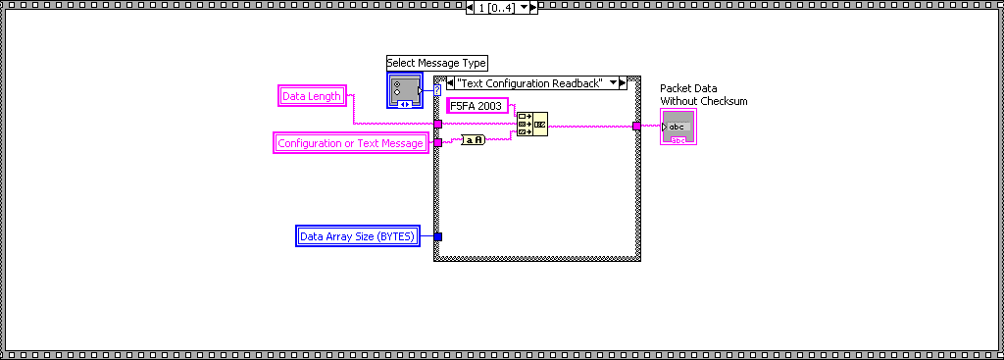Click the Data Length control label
tap(312, 96)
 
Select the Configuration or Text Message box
tap(350, 143)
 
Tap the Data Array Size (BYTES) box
tap(358, 235)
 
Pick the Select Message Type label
tap(436, 63)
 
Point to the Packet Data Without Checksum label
tap(704, 94)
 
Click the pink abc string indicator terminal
tap(678, 128)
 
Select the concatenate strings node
tap(532, 125)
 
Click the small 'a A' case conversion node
tap(474, 140)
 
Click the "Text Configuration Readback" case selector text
tap(531, 83)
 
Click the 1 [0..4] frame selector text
tap(495, 8)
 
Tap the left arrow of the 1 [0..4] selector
tap(471, 8)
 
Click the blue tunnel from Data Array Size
tap(438, 235)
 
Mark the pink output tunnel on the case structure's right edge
tap(636, 126)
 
